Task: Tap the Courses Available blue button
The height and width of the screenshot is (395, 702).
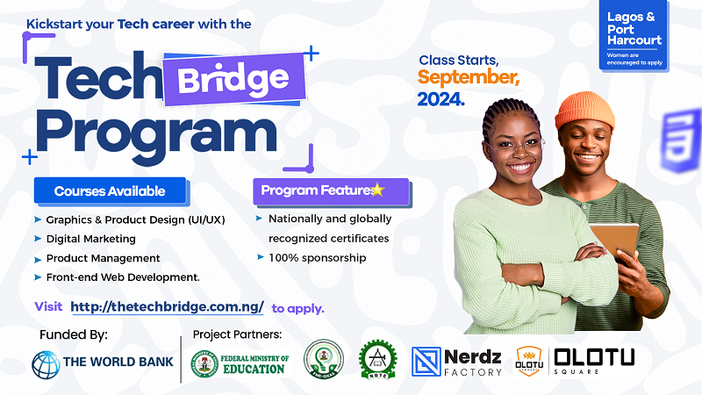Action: (110, 190)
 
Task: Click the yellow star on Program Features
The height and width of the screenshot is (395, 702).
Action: (377, 190)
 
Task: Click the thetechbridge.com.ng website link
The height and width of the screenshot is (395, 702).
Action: (167, 307)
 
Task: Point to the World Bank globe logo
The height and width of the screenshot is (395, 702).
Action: (45, 363)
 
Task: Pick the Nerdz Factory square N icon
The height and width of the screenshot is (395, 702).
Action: (426, 362)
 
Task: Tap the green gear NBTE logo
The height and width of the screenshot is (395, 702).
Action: (377, 361)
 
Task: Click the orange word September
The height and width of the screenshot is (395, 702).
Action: (469, 78)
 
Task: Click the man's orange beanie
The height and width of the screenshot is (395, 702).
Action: (584, 110)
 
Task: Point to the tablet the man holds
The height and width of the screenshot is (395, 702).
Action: (613, 242)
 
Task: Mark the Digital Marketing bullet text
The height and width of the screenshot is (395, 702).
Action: (90, 239)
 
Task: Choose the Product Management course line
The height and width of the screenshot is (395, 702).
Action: (103, 258)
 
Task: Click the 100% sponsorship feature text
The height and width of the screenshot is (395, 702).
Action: (317, 258)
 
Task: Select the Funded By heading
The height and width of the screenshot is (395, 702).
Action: (74, 334)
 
